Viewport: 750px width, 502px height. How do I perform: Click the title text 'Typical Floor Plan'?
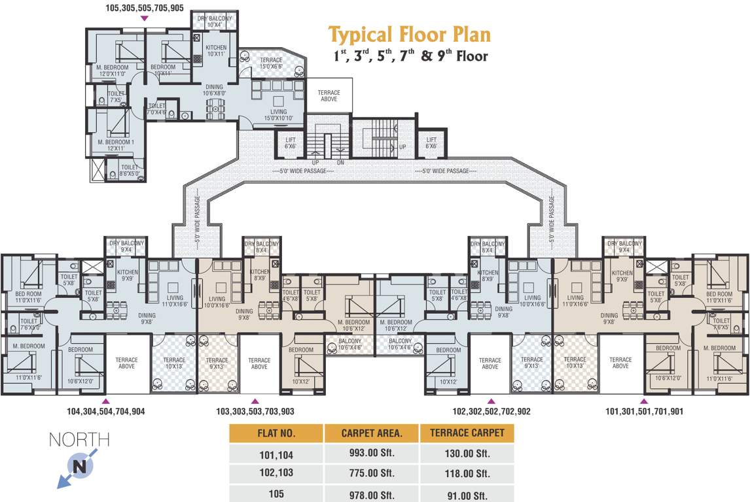(409, 34)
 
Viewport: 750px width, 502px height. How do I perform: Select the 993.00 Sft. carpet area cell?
(371, 454)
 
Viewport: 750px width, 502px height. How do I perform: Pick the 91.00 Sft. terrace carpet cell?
(467, 494)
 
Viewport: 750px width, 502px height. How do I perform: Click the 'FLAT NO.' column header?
(276, 433)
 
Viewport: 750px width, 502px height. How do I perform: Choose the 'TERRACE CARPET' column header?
(467, 433)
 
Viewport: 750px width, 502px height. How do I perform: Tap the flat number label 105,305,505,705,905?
(145, 8)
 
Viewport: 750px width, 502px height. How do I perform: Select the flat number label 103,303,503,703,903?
(255, 412)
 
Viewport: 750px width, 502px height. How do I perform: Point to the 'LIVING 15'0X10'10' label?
(278, 115)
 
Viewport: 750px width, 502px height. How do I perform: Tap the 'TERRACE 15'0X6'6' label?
(271, 63)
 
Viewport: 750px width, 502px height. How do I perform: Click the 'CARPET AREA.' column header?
(371, 433)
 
